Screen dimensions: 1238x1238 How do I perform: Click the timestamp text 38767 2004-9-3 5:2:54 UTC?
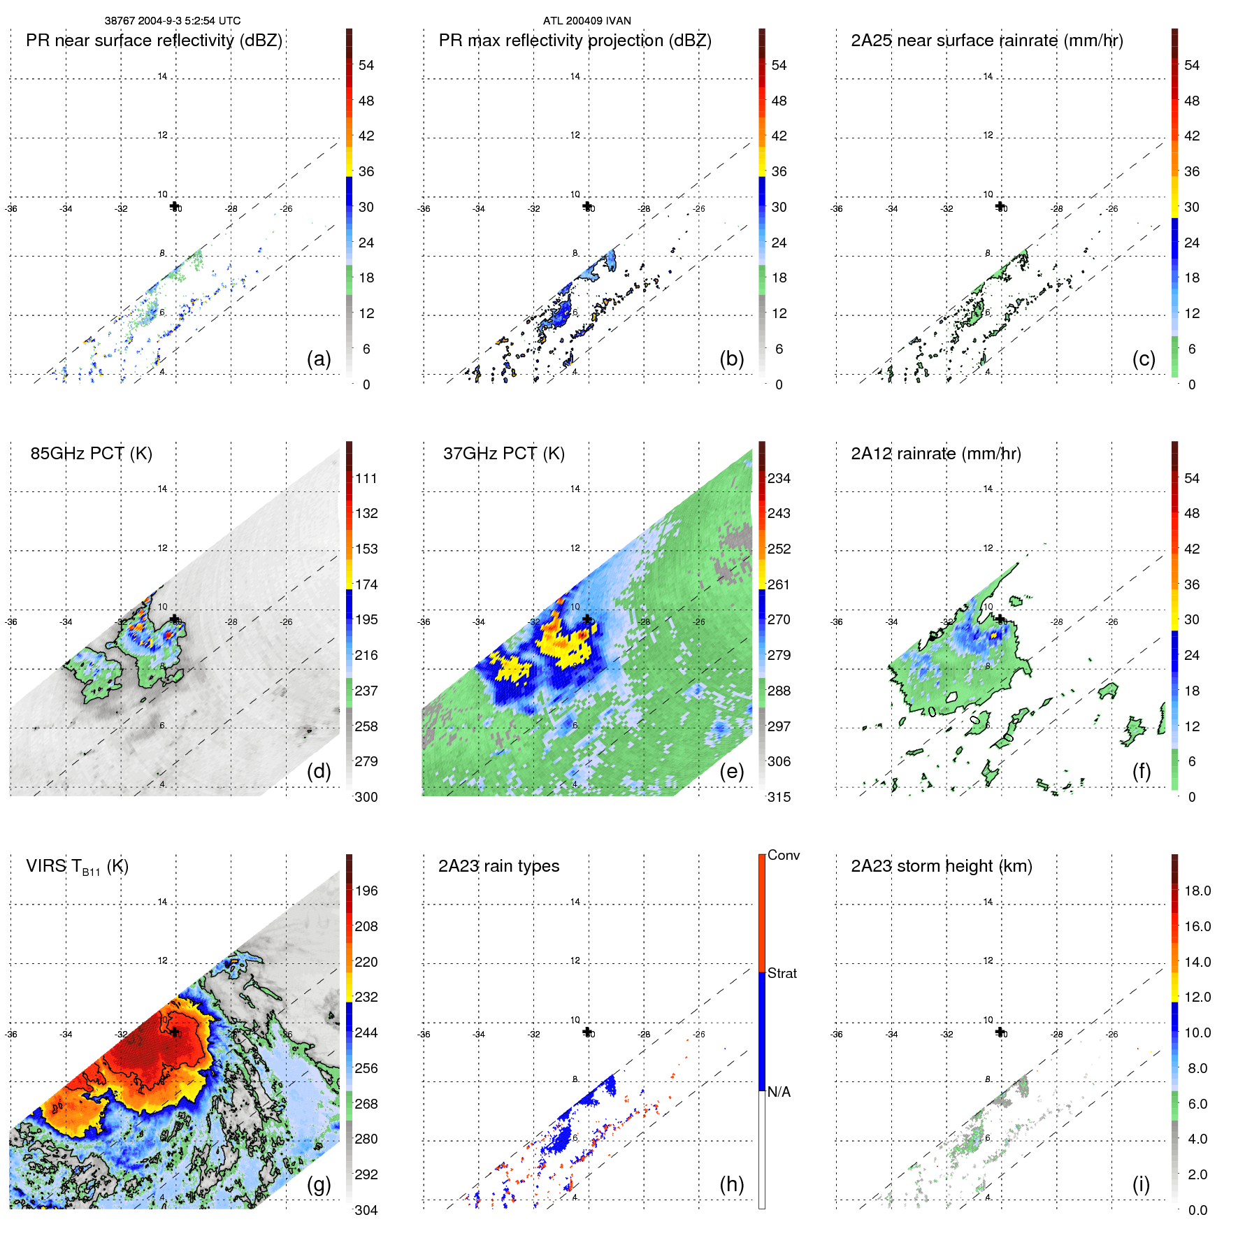coord(173,21)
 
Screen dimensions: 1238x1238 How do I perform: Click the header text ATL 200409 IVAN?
coord(586,21)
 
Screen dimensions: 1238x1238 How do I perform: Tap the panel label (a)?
coord(319,359)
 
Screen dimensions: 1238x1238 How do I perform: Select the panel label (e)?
coord(731,771)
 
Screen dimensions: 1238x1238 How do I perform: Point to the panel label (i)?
coord(1141,1184)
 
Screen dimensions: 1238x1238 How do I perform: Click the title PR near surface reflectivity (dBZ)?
coord(154,41)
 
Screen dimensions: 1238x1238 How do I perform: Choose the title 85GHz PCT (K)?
coord(91,454)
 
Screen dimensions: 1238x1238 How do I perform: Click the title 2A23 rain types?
coord(498,866)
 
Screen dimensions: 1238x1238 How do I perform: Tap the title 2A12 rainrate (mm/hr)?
coord(935,454)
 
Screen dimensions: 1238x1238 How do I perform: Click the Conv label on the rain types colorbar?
coord(783,855)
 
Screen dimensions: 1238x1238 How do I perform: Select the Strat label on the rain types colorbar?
coord(782,973)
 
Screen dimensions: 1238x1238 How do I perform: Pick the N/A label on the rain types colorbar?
coord(779,1092)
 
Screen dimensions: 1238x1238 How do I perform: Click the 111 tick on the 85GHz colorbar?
coord(366,479)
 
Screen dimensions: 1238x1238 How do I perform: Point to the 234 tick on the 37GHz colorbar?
coord(779,479)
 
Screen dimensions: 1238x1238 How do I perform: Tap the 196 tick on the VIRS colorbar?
coord(366,891)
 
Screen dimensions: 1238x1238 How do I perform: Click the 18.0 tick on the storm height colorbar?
coord(1197,891)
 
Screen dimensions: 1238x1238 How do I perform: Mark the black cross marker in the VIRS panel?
coord(174,1032)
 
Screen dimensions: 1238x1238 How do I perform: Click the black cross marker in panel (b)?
coord(587,206)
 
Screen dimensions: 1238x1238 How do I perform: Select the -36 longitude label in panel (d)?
coord(11,622)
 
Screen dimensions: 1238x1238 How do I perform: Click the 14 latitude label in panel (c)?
coord(988,76)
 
